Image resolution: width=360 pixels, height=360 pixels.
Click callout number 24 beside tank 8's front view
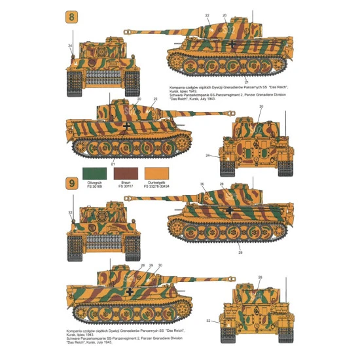pyautogui.click(x=70, y=46)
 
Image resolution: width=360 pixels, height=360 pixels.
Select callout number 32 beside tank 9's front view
pyautogui.click(x=70, y=213)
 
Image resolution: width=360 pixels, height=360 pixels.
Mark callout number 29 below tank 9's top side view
pyautogui.click(x=240, y=252)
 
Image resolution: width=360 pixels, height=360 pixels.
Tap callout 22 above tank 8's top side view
pyautogui.click(x=207, y=14)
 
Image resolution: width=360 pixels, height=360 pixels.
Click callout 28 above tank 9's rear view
pyautogui.click(x=259, y=278)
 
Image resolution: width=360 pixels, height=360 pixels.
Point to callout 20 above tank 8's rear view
pyautogui.click(x=262, y=106)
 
